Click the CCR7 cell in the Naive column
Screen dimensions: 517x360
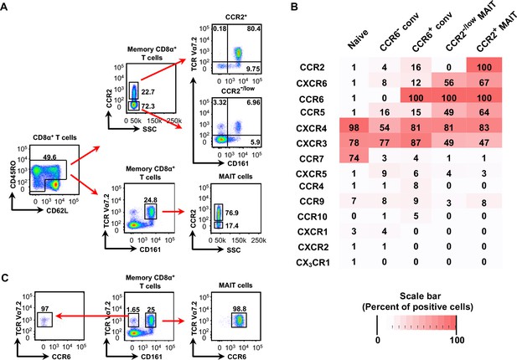pos(354,158)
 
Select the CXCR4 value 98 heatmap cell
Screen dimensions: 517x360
pos(354,127)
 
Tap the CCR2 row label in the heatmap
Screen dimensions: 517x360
pos(313,68)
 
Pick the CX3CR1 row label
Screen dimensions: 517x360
pos(313,263)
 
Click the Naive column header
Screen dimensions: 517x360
pos(358,39)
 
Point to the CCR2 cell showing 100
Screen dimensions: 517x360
pos(484,67)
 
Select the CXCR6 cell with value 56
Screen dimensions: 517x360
pos(449,82)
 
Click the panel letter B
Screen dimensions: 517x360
pos(294,7)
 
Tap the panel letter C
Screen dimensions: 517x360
pos(5,278)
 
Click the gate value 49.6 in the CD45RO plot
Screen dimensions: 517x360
pos(49,157)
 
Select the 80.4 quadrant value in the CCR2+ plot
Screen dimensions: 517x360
pos(254,29)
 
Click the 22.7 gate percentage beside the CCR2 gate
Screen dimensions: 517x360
pos(148,92)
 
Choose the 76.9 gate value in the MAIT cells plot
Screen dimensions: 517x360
pos(232,213)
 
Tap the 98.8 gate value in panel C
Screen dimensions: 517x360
pos(239,309)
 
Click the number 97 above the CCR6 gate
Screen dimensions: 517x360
pos(45,309)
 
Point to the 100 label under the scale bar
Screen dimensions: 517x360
pos(457,340)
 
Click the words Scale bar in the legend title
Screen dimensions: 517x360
pos(420,296)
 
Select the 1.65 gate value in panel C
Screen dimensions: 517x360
pos(133,309)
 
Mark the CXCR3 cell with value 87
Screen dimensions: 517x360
pos(416,143)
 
